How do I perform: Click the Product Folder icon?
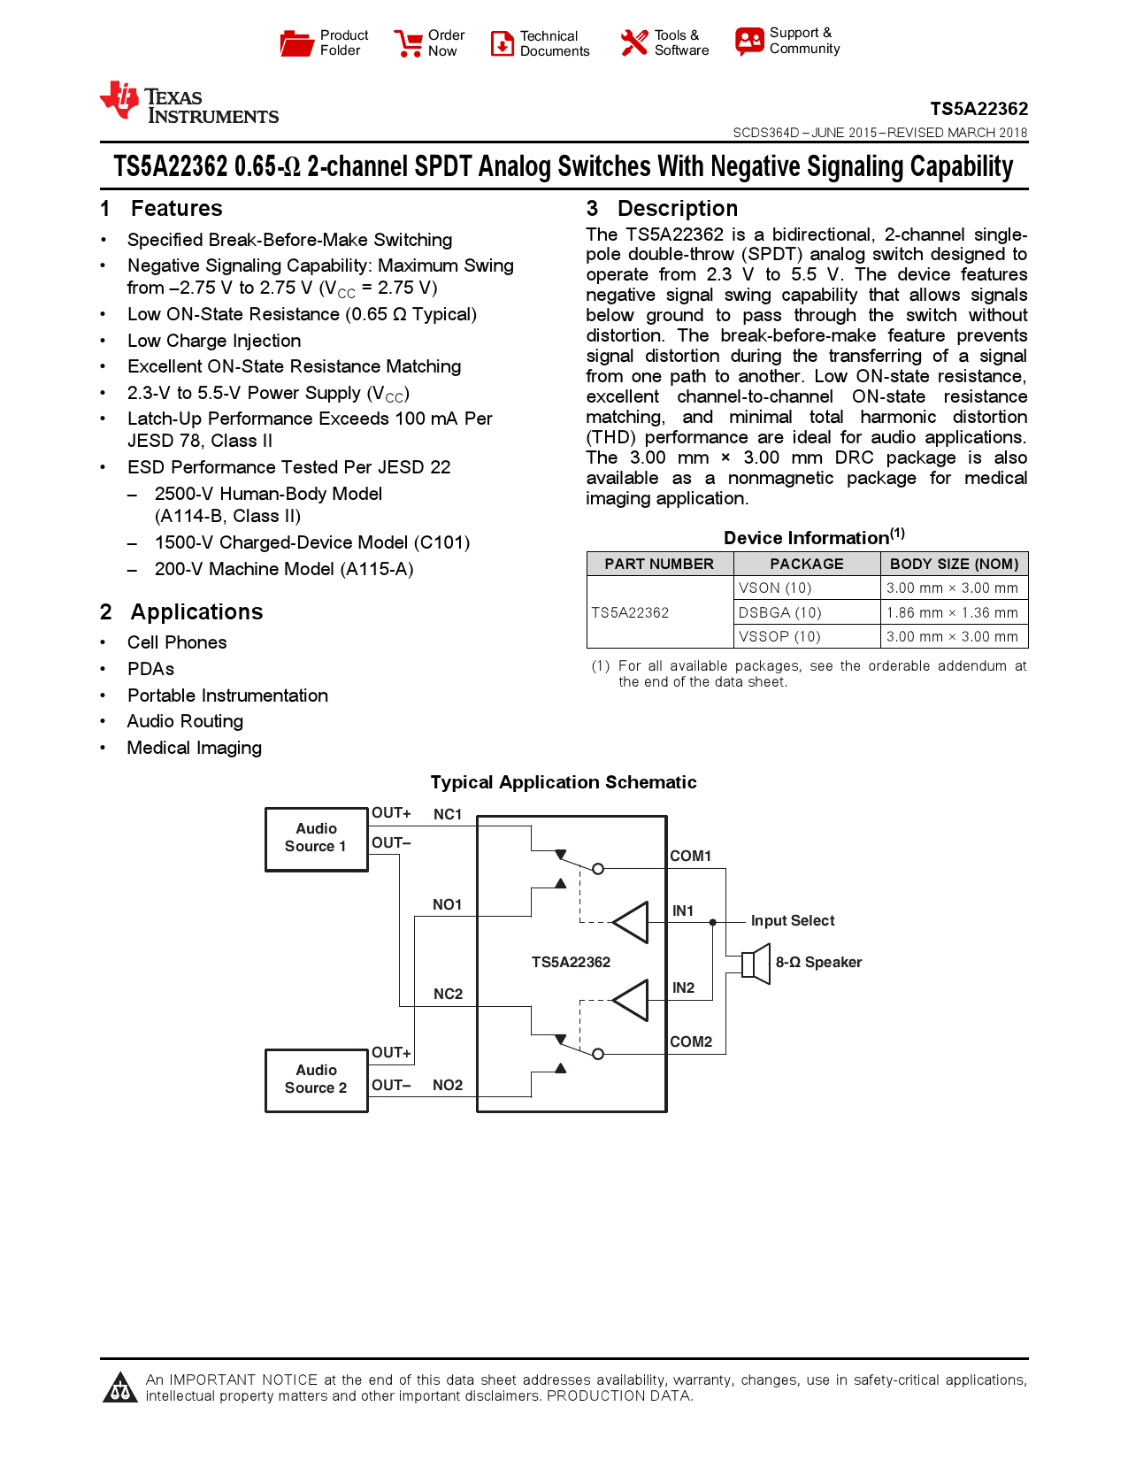click(296, 42)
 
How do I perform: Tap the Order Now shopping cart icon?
click(408, 43)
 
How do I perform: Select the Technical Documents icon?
click(502, 43)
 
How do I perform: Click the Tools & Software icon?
click(633, 42)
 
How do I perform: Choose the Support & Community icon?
click(748, 41)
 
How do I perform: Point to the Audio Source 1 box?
click(316, 839)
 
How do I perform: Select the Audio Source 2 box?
click(316, 1080)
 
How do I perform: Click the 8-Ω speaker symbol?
click(756, 963)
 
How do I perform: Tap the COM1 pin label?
click(690, 856)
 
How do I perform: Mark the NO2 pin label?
click(448, 1085)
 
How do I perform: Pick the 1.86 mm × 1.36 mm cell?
click(952, 612)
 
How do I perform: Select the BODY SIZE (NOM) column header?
click(954, 564)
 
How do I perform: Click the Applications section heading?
click(196, 612)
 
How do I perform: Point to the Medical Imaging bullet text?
click(195, 748)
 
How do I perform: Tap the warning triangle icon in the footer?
click(119, 1387)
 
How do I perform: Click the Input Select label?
click(792, 920)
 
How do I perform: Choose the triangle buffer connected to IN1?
click(631, 922)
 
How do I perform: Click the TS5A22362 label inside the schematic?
click(571, 962)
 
